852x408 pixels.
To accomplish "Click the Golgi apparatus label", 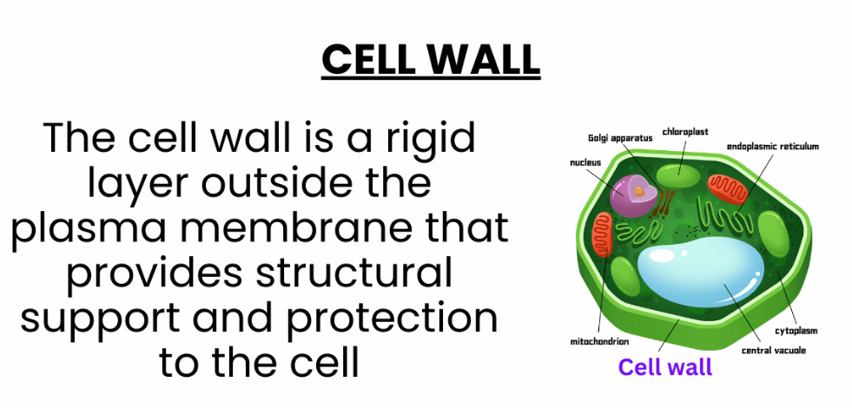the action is (x=620, y=138).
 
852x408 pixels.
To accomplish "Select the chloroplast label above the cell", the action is (x=685, y=131).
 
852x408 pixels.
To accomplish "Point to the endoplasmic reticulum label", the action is (x=773, y=146).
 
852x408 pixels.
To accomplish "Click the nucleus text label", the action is (x=585, y=162).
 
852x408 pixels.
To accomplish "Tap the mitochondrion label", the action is (x=599, y=342).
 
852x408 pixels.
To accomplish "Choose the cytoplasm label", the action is (x=796, y=331).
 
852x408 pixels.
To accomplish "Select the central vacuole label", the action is (x=774, y=351).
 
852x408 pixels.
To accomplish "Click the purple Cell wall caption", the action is (x=665, y=366).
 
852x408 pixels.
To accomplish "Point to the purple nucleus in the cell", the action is (x=633, y=194).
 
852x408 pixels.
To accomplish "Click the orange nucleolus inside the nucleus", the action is (x=639, y=192).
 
